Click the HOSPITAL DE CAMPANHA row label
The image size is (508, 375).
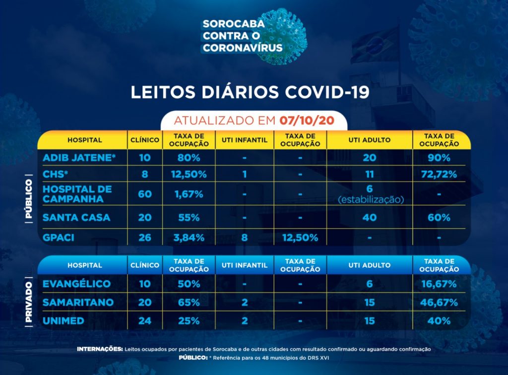click(77, 194)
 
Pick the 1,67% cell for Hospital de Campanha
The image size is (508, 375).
click(189, 194)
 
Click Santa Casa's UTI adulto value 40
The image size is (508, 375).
click(370, 217)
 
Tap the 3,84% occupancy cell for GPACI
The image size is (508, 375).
click(189, 237)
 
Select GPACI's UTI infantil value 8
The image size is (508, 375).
click(244, 237)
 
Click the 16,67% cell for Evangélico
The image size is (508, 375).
click(439, 284)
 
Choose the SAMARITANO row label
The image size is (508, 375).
click(78, 303)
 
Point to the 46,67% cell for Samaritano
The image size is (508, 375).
click(439, 303)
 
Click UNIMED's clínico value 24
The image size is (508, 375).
click(144, 320)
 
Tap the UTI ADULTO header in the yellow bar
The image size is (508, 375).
click(370, 140)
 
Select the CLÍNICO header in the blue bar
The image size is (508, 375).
click(144, 265)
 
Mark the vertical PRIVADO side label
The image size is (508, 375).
click(29, 303)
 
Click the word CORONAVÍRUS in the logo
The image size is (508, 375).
click(243, 48)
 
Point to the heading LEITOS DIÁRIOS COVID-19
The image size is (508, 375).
click(250, 93)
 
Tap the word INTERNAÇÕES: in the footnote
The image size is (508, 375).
click(100, 349)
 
